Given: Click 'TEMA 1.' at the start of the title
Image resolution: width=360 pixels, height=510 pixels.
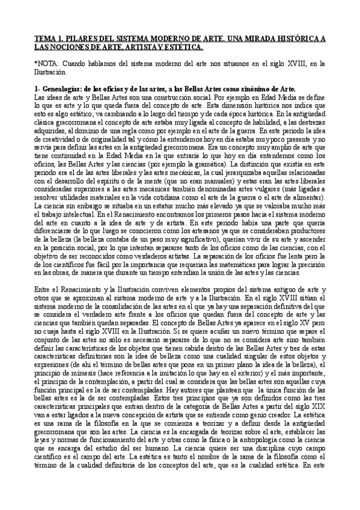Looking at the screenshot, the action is point(46,38).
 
